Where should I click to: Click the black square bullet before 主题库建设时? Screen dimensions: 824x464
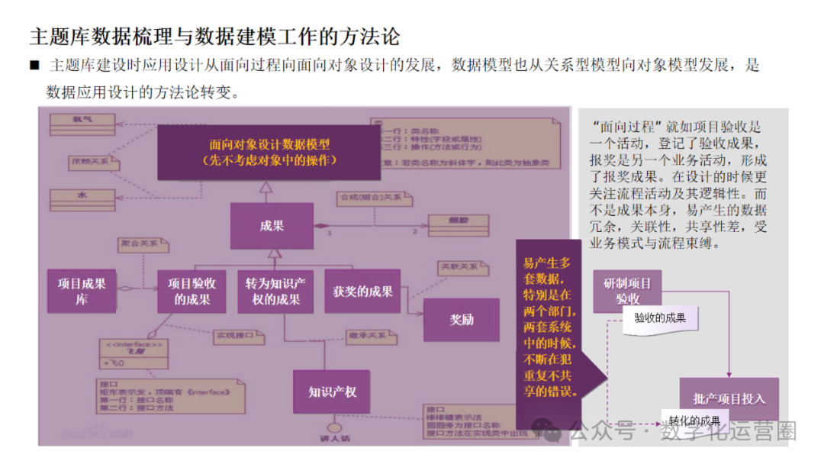tap(34, 66)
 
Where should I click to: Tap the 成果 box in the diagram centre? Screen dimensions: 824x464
tap(272, 226)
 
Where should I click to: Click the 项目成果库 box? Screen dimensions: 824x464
tap(82, 291)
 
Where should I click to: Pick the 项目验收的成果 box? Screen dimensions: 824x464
tap(192, 291)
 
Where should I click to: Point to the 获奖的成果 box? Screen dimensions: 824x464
tap(362, 291)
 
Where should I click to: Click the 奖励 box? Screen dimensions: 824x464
tap(462, 320)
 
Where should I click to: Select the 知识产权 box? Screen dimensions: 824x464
tap(332, 392)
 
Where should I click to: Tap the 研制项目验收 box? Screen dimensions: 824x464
tap(627, 291)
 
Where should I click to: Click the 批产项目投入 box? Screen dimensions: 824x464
tap(729, 398)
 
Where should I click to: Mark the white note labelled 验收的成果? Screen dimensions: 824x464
tap(660, 318)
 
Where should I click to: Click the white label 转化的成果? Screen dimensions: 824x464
tap(694, 420)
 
